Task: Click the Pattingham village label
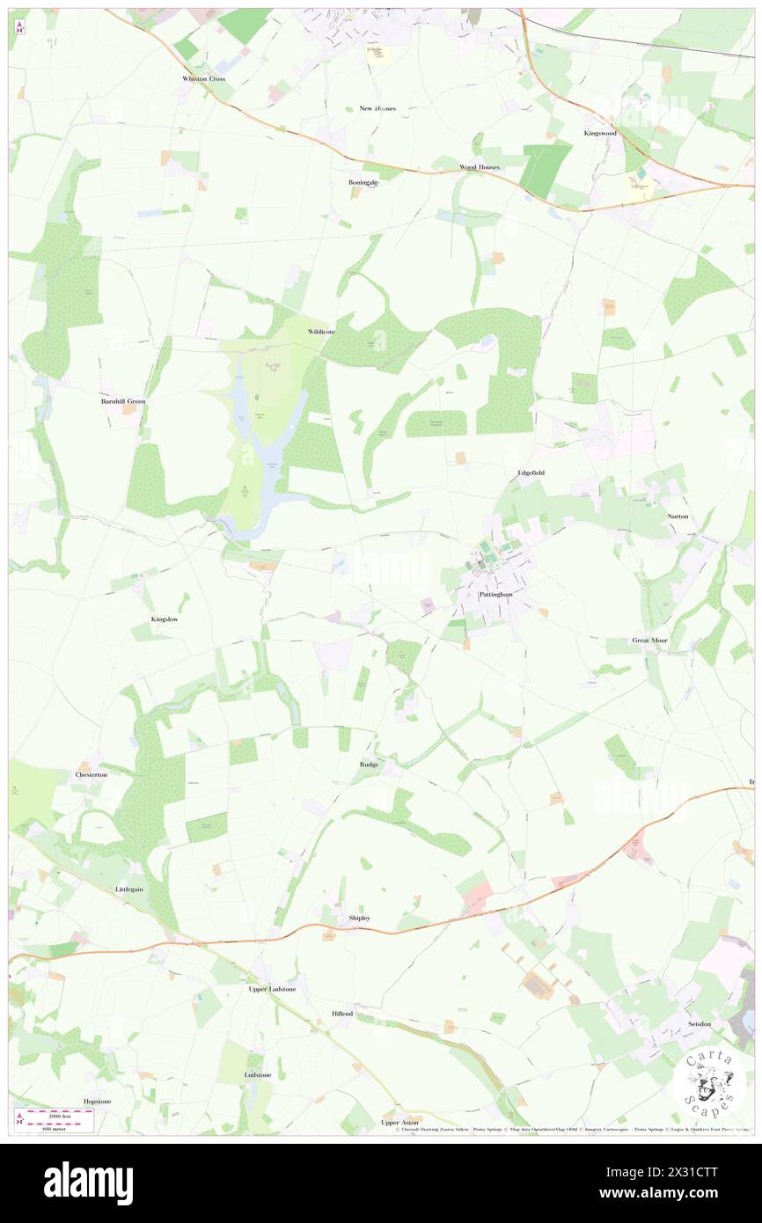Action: (495, 595)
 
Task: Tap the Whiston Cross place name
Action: (204, 79)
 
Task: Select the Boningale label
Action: (363, 182)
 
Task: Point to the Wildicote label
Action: (323, 333)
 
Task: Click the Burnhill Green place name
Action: (122, 401)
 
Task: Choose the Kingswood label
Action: (601, 133)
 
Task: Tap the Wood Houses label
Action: (480, 167)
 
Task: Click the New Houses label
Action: (377, 108)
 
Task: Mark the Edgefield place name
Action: (531, 472)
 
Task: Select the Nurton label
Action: (678, 516)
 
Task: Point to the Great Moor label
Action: (649, 641)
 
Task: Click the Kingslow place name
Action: (165, 619)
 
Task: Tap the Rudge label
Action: (369, 765)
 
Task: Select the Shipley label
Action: (359, 918)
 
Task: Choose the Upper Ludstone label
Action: (272, 989)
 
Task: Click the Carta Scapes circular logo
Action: (709, 1080)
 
